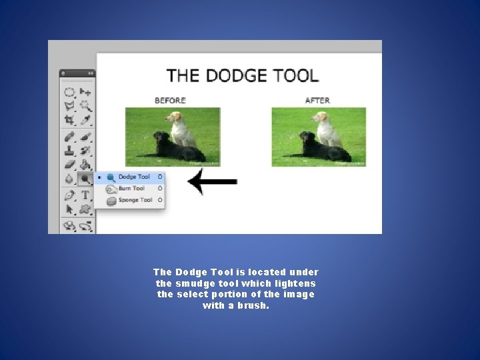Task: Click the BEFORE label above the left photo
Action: click(x=170, y=101)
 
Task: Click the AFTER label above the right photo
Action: click(x=317, y=101)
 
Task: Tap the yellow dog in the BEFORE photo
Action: click(x=180, y=127)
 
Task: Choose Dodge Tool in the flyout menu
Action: click(x=133, y=177)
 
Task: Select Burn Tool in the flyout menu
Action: click(x=131, y=189)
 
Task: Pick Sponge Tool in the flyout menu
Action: click(x=135, y=200)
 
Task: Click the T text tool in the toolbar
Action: click(x=85, y=195)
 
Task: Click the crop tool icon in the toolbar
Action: click(x=69, y=121)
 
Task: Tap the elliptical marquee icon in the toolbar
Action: click(x=69, y=92)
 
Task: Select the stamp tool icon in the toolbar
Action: click(x=69, y=150)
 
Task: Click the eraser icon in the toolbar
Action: click(x=69, y=164)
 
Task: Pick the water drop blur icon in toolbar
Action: click(x=69, y=179)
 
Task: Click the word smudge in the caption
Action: click(x=193, y=283)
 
